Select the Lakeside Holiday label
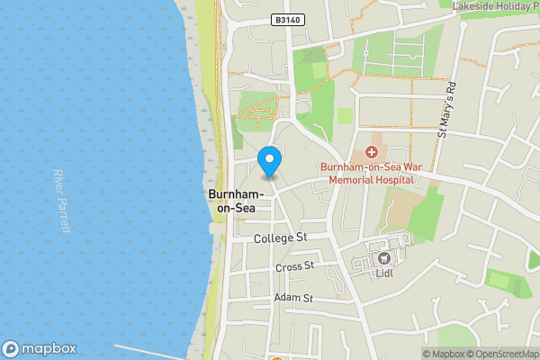coord(494,5)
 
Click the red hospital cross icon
coord(371,152)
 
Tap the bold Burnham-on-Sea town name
coord(235,202)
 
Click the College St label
coord(281,238)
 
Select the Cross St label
coord(294,267)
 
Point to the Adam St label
coord(293,298)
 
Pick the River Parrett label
coord(60,201)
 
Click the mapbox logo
coord(40,349)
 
